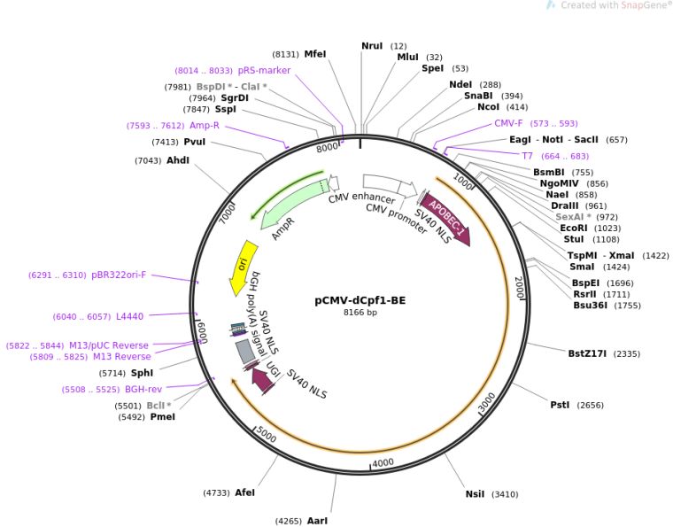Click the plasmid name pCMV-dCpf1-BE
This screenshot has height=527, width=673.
click(x=360, y=299)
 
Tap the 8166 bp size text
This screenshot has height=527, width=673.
click(x=360, y=313)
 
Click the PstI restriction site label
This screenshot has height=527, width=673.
click(x=560, y=405)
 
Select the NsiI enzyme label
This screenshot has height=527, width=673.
click(x=476, y=493)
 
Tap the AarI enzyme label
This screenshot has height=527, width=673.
click(x=317, y=521)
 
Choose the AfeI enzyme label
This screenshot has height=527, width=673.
click(x=244, y=492)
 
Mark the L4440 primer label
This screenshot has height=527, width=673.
click(x=129, y=316)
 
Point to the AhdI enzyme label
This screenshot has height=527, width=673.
click(x=178, y=159)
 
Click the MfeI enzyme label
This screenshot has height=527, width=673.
click(x=315, y=53)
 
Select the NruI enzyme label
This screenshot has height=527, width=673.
click(x=372, y=45)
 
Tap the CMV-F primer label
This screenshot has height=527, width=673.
click(x=508, y=123)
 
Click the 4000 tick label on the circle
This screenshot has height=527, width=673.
click(x=383, y=462)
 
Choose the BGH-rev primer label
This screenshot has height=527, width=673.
click(x=143, y=389)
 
